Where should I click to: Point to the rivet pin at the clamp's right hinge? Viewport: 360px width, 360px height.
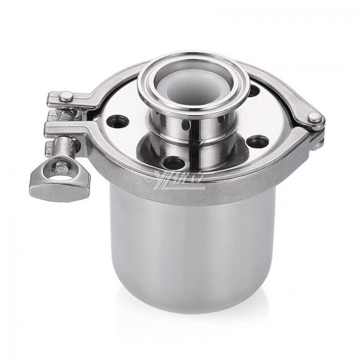pyautogui.click(x=316, y=117)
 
